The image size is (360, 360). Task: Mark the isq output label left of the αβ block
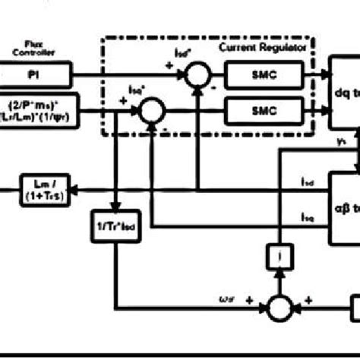tap(307, 218)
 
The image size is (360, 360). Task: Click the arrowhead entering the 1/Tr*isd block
tap(115, 210)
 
